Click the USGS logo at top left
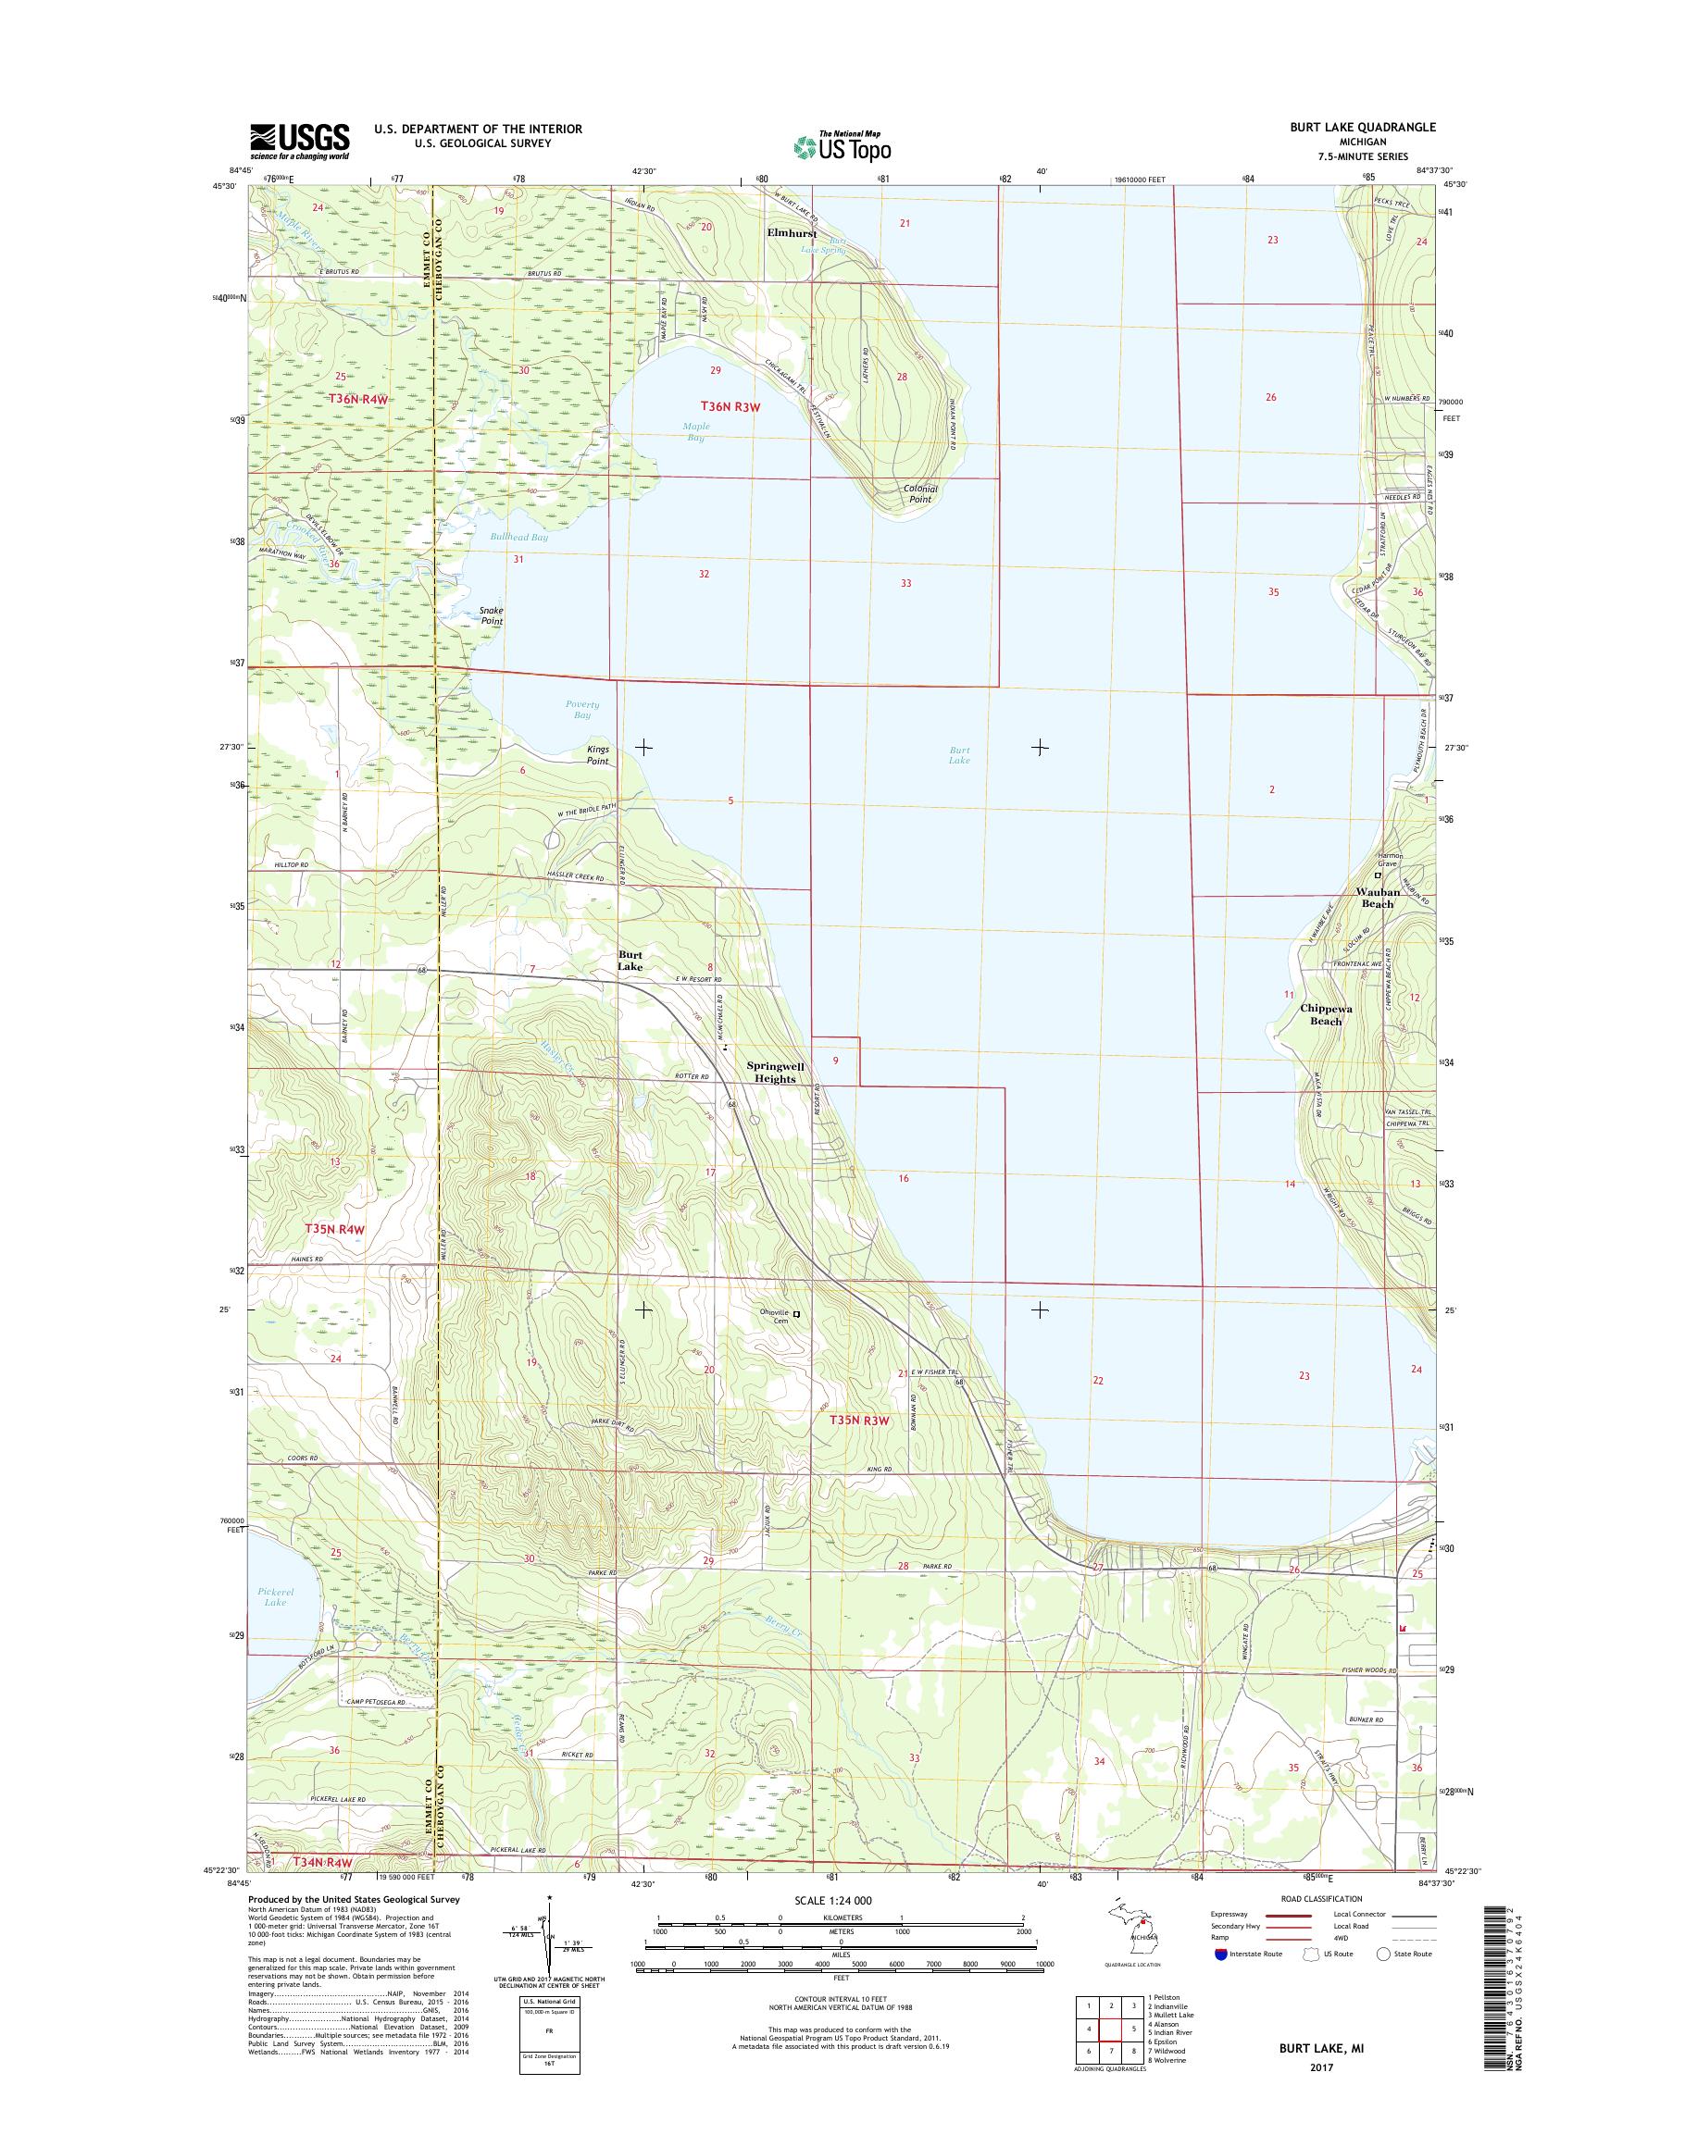point(300,141)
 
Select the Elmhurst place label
point(793,234)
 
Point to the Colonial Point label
point(919,493)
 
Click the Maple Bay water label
point(696,431)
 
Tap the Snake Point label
point(492,615)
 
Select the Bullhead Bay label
point(518,538)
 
